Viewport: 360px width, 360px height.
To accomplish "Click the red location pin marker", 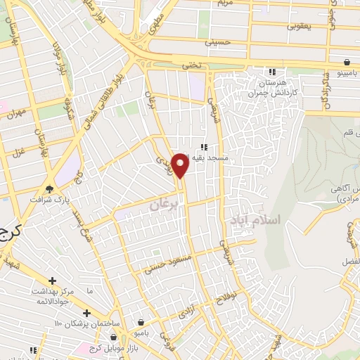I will click(x=181, y=165).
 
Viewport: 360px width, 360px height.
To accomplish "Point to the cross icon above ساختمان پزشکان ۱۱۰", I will click(x=86, y=313).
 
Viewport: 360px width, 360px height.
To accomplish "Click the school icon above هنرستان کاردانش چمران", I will click(x=272, y=72).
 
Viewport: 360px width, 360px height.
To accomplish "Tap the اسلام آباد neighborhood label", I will click(x=255, y=220).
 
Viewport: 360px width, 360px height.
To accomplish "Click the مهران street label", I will click(x=15, y=113).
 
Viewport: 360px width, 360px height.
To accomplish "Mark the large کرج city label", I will click(x=10, y=232).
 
